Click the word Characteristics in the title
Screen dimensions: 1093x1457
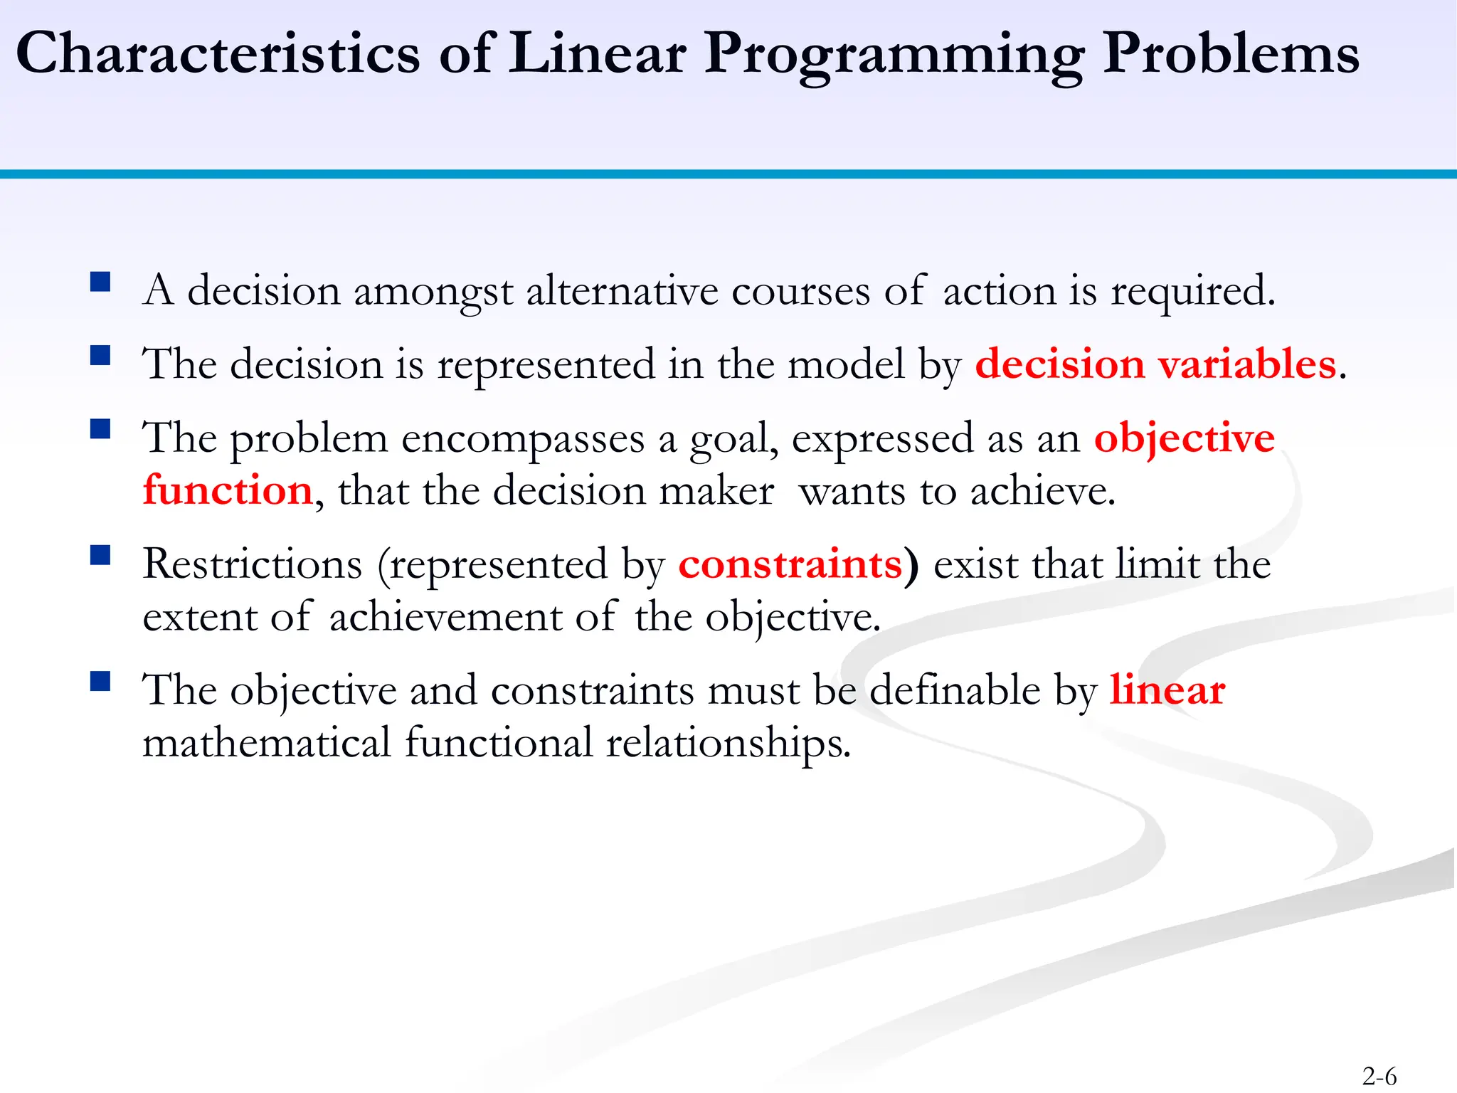point(218,53)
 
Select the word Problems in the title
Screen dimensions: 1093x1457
point(1231,53)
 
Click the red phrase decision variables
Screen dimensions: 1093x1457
point(1155,364)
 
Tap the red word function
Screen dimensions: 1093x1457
point(228,491)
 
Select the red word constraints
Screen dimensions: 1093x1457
point(790,564)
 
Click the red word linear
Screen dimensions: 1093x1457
point(1167,690)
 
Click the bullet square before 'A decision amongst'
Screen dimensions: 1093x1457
point(100,282)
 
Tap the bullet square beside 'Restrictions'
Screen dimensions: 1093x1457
point(100,554)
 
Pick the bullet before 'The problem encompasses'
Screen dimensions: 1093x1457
point(100,428)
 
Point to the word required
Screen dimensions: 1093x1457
point(1192,292)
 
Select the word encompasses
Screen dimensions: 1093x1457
point(522,439)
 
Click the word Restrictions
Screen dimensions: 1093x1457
point(253,564)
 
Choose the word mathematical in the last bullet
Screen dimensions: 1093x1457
point(267,743)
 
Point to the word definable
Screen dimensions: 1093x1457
point(955,690)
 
